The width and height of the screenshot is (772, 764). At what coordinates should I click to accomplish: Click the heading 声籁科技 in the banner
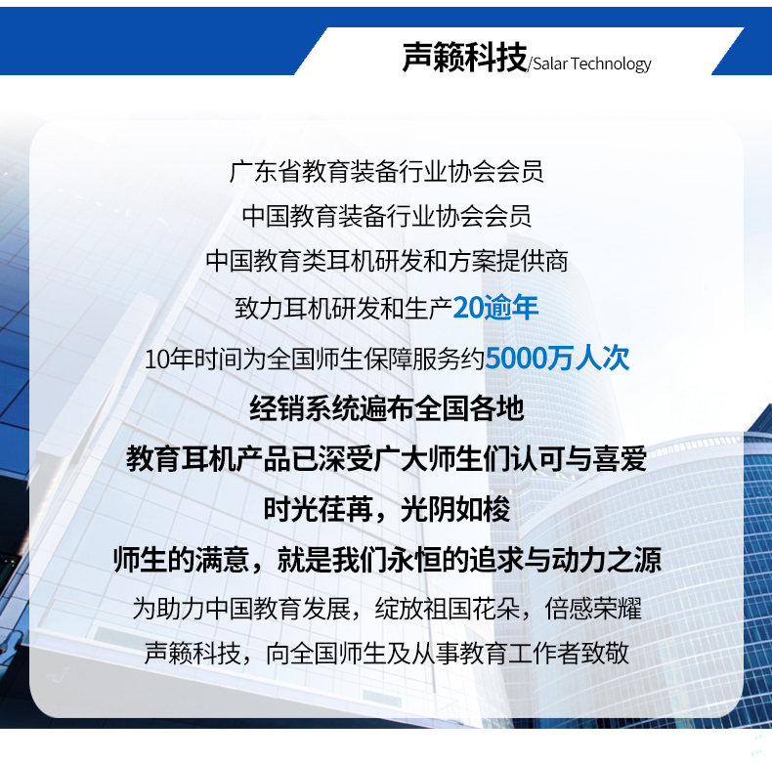pyautogui.click(x=464, y=57)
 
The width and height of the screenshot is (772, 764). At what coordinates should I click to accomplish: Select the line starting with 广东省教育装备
pyautogui.click(x=387, y=172)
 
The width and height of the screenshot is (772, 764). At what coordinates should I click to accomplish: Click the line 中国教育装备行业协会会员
pyautogui.click(x=387, y=216)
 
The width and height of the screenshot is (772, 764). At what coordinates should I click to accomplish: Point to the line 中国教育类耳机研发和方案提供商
pyautogui.click(x=387, y=261)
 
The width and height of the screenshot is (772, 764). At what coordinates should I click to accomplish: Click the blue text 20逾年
pyautogui.click(x=495, y=308)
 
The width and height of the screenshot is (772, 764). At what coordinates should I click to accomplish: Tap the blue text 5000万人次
pyautogui.click(x=557, y=358)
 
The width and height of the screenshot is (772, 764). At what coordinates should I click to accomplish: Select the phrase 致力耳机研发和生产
pyautogui.click(x=344, y=309)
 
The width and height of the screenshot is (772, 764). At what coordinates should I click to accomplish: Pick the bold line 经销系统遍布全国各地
pyautogui.click(x=387, y=408)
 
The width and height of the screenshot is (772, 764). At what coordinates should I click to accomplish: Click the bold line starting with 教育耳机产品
pyautogui.click(x=387, y=459)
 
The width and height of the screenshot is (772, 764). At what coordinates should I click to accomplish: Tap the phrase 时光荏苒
pyautogui.click(x=318, y=509)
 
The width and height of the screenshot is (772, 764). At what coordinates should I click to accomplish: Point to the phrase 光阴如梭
pyautogui.click(x=455, y=509)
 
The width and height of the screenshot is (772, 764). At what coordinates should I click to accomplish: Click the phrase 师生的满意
pyautogui.click(x=181, y=560)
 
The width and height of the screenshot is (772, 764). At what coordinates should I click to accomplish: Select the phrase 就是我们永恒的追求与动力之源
pyautogui.click(x=469, y=560)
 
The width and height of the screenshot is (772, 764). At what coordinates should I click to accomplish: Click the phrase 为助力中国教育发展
pyautogui.click(x=241, y=609)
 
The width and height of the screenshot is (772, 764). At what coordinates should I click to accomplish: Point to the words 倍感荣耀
pyautogui.click(x=593, y=609)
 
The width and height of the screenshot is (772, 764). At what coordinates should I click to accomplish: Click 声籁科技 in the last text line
pyautogui.click(x=193, y=654)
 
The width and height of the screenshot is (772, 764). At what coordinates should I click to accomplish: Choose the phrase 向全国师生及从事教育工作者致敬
pyautogui.click(x=448, y=654)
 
